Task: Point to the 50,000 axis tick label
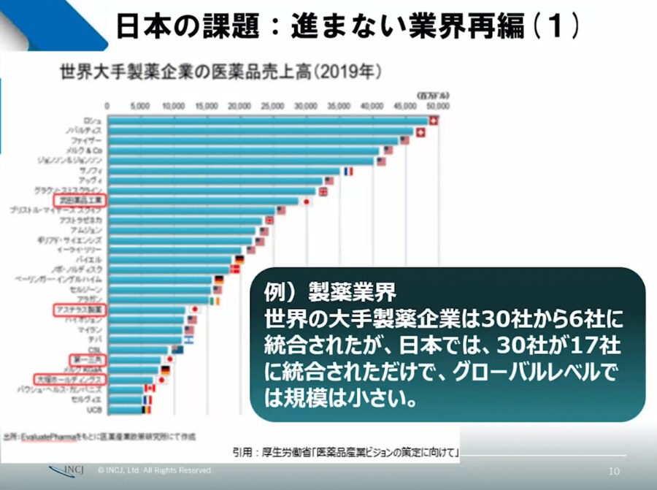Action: [437, 106]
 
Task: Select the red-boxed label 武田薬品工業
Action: [80, 199]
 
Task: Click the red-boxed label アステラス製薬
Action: [80, 310]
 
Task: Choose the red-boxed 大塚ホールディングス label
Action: [70, 380]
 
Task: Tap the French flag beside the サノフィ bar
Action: [347, 171]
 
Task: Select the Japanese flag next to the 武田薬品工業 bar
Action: [307, 201]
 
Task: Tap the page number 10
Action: [613, 471]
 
